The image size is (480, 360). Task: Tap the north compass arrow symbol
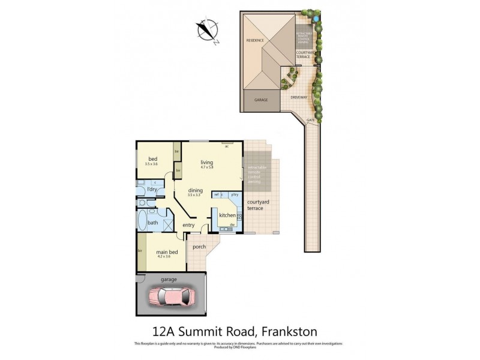click(208, 29)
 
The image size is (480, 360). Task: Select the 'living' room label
click(207, 163)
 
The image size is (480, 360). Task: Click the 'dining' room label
click(195, 190)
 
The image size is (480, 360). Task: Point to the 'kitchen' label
click(227, 215)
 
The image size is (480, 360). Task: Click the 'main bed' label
click(167, 252)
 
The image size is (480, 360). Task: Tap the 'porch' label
click(199, 247)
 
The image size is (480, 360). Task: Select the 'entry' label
click(188, 225)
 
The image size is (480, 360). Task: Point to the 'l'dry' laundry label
click(152, 190)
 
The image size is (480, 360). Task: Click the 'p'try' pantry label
click(235, 194)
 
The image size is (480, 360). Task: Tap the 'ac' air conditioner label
click(227, 145)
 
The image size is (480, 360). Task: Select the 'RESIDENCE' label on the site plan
click(255, 40)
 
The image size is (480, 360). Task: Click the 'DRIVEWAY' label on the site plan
click(299, 97)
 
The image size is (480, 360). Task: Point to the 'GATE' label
click(310, 120)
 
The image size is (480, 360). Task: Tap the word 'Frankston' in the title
click(287, 331)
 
